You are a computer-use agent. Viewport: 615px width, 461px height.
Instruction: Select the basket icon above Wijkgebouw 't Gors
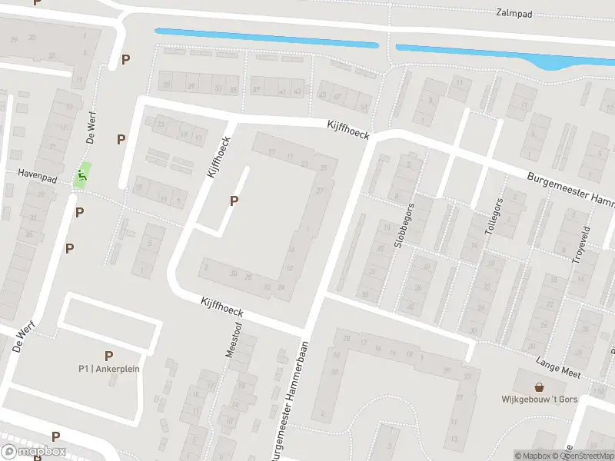[x=539, y=386]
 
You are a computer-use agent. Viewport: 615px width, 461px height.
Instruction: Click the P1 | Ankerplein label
[x=108, y=368]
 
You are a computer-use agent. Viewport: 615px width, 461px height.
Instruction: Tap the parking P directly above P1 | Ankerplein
[x=108, y=356]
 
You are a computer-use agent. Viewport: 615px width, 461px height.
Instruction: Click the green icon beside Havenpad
[x=81, y=175]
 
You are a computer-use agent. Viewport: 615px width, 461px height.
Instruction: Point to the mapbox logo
[x=33, y=452]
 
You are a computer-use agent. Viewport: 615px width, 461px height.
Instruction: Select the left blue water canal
[x=267, y=38]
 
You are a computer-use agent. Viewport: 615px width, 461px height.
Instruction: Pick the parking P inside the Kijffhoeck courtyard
[x=234, y=201]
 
